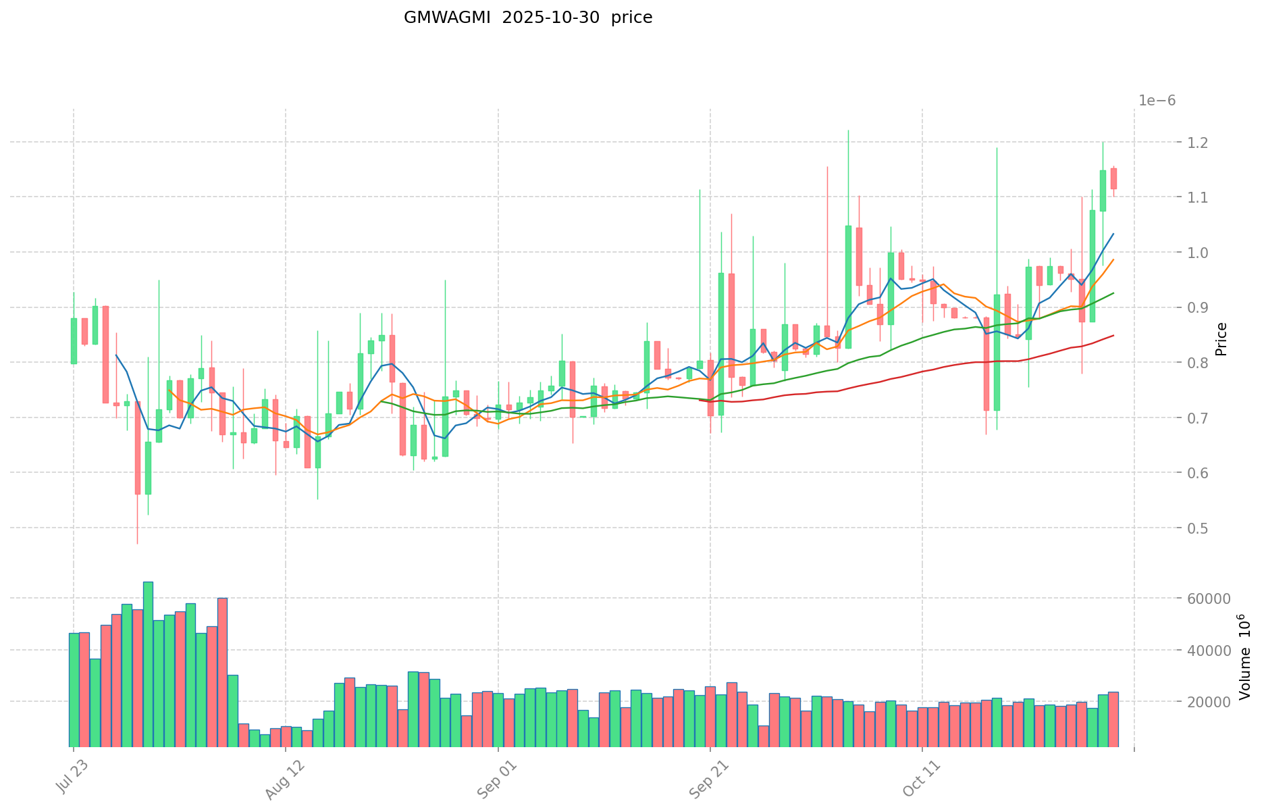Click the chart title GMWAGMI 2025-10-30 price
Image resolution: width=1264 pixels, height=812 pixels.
pos(527,18)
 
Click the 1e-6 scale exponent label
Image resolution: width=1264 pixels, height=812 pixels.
pos(1157,101)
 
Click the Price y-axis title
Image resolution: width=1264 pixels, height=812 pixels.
pos(1221,339)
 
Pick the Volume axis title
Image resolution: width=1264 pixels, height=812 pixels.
pos(1245,657)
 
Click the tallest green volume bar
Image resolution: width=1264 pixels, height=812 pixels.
pos(148,664)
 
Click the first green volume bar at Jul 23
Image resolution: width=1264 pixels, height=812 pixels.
pos(74,689)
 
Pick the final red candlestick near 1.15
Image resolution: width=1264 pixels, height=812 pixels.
pos(1113,178)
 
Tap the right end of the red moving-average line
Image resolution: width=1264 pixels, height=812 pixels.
pos(1113,335)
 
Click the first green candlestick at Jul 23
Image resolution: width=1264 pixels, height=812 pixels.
pos(74,341)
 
